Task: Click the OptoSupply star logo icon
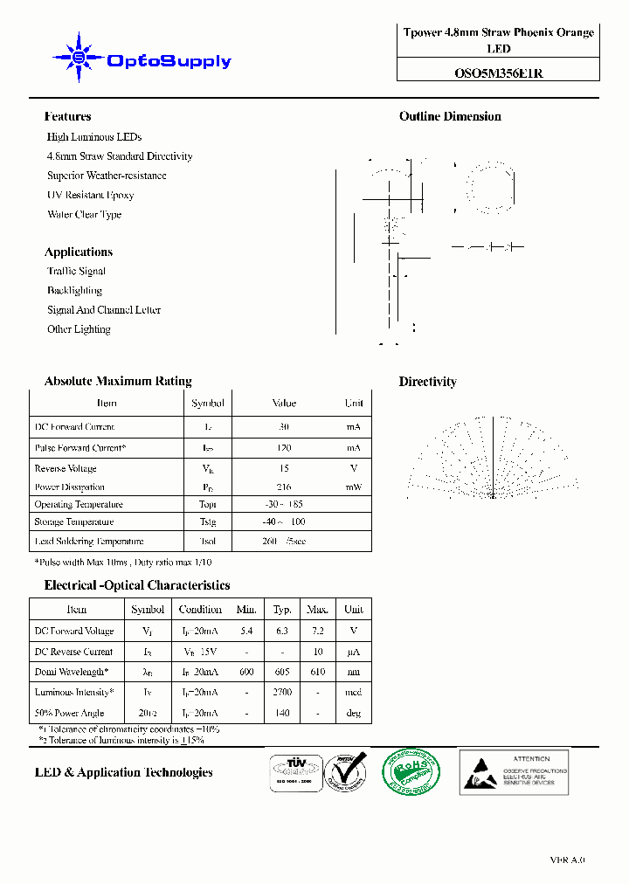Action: coord(78,59)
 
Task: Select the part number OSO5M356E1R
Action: coord(498,73)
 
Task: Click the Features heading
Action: coord(67,116)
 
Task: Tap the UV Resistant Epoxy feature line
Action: coord(90,195)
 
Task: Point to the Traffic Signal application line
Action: coord(76,271)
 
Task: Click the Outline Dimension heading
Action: coord(450,116)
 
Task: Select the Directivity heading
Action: coord(427,382)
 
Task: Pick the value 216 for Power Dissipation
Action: coord(284,487)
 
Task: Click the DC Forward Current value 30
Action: coord(284,427)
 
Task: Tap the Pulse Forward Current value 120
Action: coord(284,448)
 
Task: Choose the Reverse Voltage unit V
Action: coord(353,469)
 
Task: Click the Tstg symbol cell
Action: coord(207,522)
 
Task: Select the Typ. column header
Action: coord(282,610)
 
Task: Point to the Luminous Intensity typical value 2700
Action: coord(282,692)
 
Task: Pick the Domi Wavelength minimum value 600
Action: coord(246,672)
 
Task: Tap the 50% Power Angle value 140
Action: coord(282,713)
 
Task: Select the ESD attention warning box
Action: coord(514,771)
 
